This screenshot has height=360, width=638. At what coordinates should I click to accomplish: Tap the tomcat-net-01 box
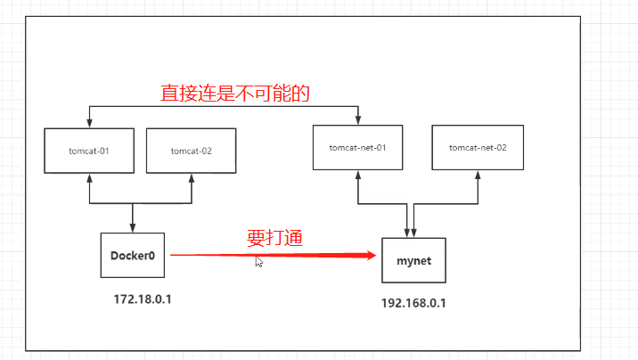click(358, 146)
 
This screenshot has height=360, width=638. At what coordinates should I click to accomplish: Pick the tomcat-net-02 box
click(478, 146)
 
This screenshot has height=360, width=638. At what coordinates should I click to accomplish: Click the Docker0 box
click(133, 256)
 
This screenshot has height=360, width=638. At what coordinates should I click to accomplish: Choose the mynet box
click(413, 260)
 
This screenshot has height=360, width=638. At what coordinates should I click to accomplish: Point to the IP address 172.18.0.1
click(143, 298)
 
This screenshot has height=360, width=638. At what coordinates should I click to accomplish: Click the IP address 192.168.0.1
click(413, 302)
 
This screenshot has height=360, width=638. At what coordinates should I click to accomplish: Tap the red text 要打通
click(275, 238)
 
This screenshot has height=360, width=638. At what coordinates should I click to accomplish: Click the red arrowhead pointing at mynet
click(371, 255)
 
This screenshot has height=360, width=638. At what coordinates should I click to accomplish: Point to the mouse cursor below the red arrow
click(258, 262)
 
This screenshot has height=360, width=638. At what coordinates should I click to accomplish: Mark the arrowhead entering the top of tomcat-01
click(89, 124)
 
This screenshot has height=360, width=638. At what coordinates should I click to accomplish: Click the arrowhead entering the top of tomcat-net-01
click(358, 120)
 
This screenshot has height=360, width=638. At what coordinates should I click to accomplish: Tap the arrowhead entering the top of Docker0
click(133, 229)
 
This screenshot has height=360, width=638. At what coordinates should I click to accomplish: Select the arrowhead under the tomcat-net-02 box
click(478, 175)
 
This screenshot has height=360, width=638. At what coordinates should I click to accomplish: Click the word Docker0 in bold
click(133, 256)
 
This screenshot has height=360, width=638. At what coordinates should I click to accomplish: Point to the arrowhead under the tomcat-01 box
click(89, 178)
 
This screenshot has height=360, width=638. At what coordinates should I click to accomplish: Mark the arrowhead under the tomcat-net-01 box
click(358, 175)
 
